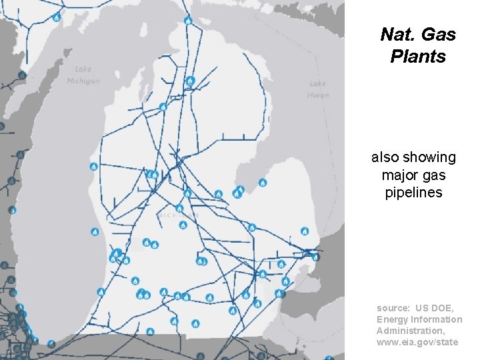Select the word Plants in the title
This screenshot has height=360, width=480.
coord(418,57)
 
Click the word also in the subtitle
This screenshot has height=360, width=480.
coord(385,157)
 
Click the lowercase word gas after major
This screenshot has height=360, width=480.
coord(434,175)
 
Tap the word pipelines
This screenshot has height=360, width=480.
coord(414,193)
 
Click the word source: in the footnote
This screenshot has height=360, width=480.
coord(393,308)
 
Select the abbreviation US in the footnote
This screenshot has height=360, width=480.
coord(422,308)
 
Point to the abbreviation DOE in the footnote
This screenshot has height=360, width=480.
coord(443,308)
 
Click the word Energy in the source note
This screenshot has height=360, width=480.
coord(392,319)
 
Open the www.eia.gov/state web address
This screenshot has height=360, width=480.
coord(417,342)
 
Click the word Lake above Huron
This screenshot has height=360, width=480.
coord(318,84)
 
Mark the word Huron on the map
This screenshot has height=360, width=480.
coord(318,95)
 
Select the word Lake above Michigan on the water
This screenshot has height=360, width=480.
coord(83,69)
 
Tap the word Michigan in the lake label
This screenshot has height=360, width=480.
coord(83,81)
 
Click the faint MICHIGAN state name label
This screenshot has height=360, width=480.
coord(179,215)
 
